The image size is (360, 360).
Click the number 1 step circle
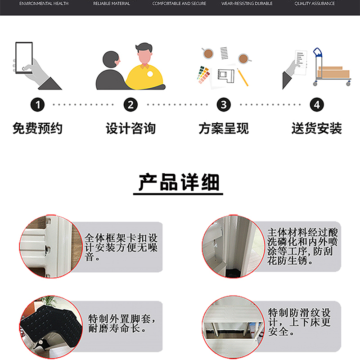point(38,105)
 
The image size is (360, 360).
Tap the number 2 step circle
point(130,105)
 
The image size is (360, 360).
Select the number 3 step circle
point(224,105)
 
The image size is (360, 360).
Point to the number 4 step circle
point(317,105)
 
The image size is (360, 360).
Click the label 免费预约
point(38,128)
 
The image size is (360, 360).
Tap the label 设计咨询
point(130,128)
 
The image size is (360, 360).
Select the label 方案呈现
point(224,128)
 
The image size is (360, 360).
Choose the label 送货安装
point(317,128)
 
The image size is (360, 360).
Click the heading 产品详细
point(179,182)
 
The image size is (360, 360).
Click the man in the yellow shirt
point(144,67)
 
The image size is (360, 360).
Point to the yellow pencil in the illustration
point(243,77)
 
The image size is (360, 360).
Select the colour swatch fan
point(203,75)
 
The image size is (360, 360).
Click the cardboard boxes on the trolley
point(333,72)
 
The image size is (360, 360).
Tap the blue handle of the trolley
point(318,53)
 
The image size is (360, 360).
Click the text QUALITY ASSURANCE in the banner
point(315,4)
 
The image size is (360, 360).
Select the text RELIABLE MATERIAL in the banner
point(112,4)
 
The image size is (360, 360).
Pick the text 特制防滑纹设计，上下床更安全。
point(299,322)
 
